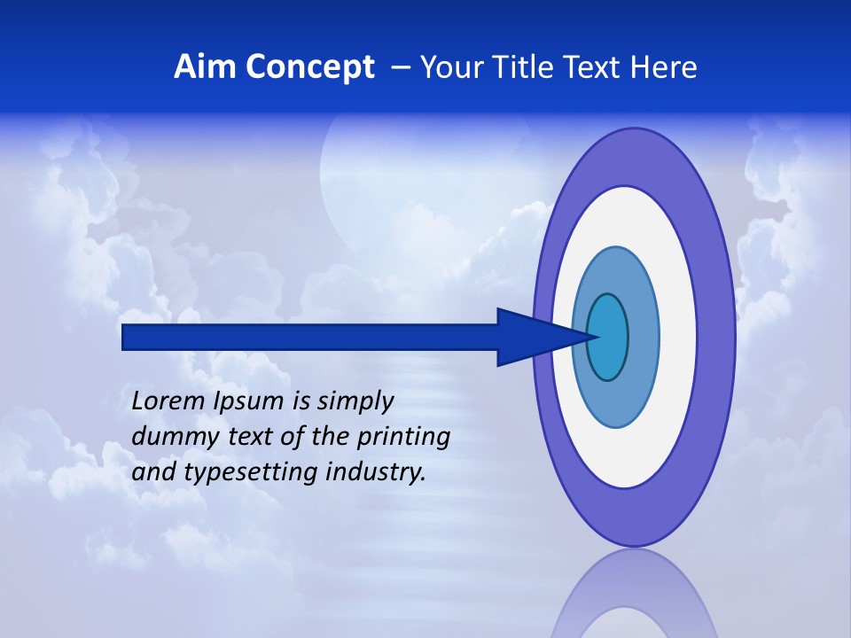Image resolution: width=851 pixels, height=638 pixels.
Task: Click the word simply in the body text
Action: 355,402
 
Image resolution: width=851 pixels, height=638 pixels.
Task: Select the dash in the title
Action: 400,67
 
